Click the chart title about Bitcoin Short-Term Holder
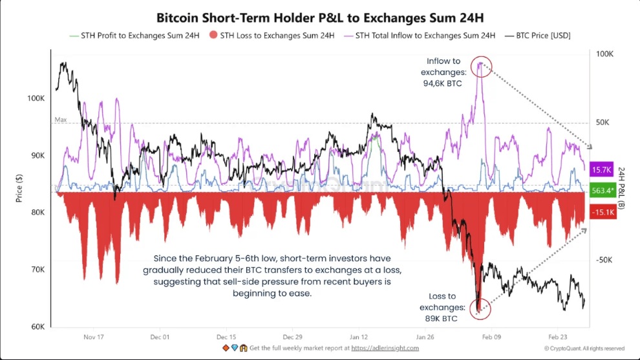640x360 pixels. pos(319,18)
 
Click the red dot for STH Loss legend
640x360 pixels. pos(214,36)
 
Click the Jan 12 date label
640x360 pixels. pos(359,337)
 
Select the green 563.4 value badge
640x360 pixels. pos(603,191)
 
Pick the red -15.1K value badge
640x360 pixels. pos(603,211)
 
